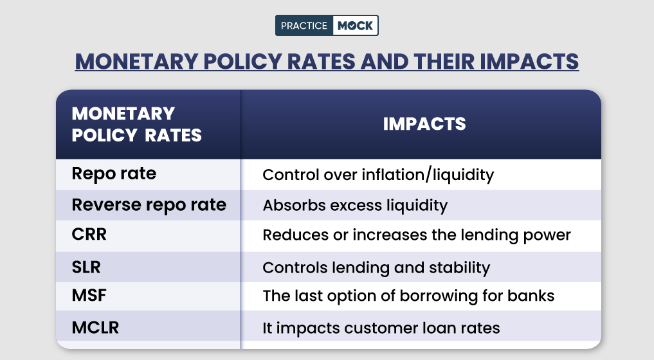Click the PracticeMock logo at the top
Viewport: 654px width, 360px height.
327,25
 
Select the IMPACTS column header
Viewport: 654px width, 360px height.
424,124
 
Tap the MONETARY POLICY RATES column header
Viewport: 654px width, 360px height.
136,124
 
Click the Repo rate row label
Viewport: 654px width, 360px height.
114,174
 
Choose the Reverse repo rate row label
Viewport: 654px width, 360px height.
149,205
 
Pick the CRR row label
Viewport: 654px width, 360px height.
89,235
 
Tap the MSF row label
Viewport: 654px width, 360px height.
89,296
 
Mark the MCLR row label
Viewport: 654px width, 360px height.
95,327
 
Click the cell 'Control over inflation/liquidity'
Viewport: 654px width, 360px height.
378,175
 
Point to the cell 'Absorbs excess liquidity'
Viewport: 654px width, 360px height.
355,206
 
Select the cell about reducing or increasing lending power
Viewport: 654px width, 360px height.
417,235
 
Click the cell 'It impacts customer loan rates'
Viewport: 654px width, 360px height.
381,328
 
